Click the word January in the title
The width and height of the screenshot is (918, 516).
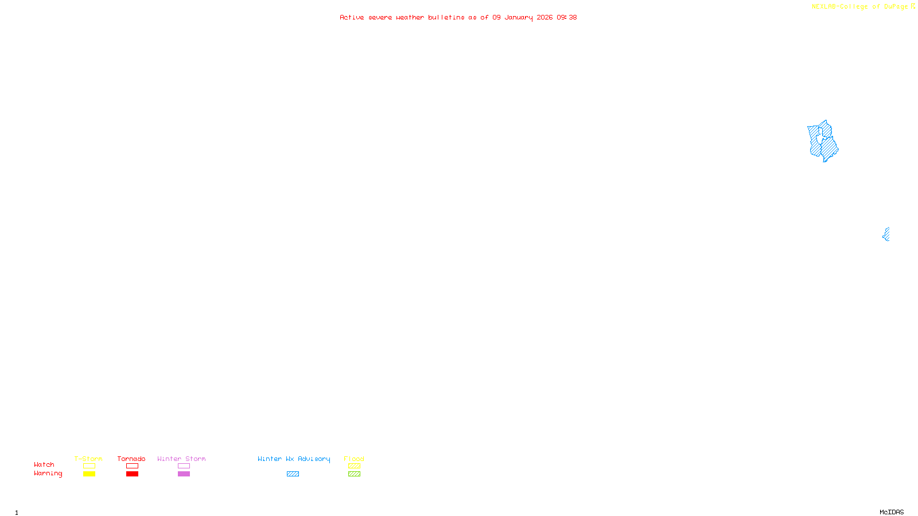[x=519, y=17]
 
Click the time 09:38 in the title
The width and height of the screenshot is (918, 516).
[x=566, y=17]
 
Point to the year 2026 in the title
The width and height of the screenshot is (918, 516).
[x=544, y=17]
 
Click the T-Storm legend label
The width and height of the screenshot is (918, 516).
[x=88, y=459]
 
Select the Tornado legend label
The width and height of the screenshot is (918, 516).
[x=131, y=459]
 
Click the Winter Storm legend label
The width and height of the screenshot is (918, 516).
[x=181, y=459]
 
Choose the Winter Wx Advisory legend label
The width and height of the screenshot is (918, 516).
[x=294, y=459]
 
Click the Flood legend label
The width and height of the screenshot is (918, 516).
[x=354, y=459]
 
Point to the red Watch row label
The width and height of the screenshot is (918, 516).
[x=44, y=464]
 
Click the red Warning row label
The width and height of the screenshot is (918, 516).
[x=48, y=474]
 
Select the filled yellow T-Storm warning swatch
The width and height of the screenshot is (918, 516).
[x=89, y=474]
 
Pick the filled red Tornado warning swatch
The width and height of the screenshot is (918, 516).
[x=133, y=474]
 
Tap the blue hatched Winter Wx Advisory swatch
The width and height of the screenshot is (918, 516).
[x=293, y=474]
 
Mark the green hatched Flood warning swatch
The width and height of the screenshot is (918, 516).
[x=354, y=474]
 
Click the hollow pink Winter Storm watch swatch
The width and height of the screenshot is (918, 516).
[x=184, y=466]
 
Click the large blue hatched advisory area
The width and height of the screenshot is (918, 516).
[x=823, y=142]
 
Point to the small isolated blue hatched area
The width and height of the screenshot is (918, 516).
[x=886, y=234]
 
